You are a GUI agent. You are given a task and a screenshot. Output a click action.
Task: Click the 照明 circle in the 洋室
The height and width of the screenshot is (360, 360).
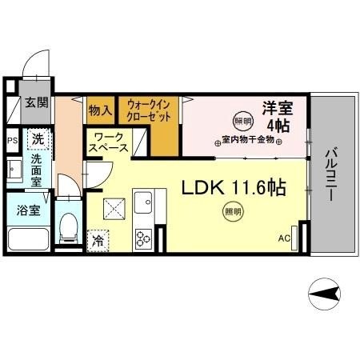240,122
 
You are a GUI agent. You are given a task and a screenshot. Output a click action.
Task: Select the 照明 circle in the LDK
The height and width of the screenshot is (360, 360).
231,212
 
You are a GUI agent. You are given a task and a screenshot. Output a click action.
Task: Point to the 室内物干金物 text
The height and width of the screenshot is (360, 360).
249,140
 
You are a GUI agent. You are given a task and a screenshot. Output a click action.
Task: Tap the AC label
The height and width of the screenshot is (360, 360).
283,238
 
